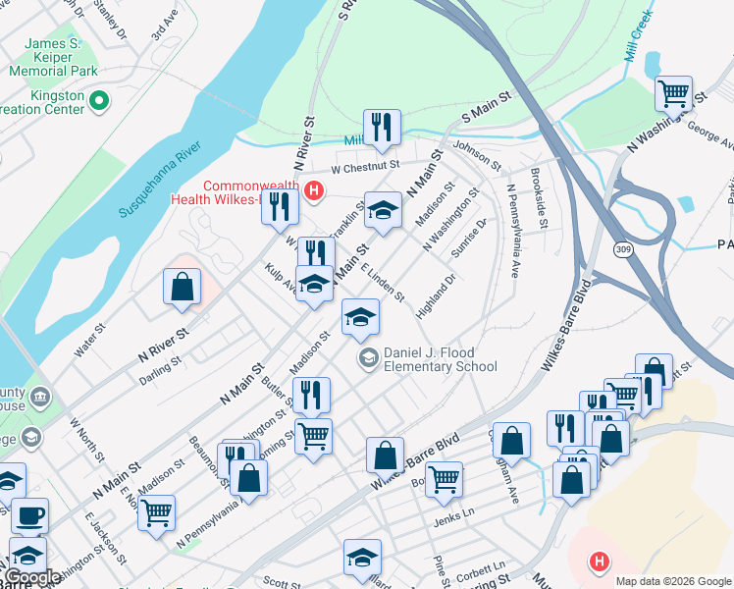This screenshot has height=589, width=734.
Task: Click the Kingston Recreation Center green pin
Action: coord(98,99)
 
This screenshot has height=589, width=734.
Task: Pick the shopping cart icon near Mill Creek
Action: coord(673,94)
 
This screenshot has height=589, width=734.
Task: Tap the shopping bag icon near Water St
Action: coord(183,287)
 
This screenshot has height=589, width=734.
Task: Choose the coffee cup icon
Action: coord(29,514)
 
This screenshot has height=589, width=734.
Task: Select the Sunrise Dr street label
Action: coord(468,239)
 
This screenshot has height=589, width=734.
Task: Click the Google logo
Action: coord(31,577)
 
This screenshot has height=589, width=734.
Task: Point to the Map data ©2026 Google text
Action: coord(672,581)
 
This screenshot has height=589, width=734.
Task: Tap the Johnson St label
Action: coord(477,155)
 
